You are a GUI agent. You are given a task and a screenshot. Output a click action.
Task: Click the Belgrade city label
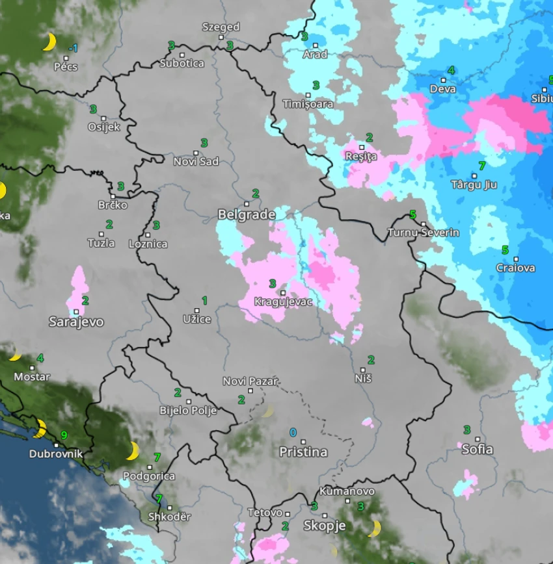click(x=247, y=214)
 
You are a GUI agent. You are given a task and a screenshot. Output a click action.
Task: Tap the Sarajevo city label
click(x=76, y=322)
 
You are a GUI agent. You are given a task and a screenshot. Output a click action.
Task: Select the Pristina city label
click(x=303, y=452)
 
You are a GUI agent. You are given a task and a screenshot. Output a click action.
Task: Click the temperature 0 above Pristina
click(x=293, y=432)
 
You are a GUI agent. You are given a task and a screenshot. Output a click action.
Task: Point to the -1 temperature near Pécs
click(x=74, y=48)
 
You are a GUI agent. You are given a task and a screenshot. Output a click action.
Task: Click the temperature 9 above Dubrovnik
click(x=64, y=435)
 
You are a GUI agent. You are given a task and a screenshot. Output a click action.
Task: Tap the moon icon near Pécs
click(x=49, y=42)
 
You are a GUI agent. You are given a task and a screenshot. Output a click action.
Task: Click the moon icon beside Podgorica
click(x=132, y=451)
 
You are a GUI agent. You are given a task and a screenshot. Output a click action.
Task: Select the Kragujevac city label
click(x=282, y=302)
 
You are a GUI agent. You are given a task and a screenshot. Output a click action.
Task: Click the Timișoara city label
click(x=308, y=104)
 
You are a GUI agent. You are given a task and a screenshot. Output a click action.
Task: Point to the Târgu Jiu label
click(x=474, y=185)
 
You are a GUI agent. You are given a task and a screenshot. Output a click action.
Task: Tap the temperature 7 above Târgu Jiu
click(x=481, y=166)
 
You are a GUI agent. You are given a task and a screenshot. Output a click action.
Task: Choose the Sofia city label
click(x=477, y=449)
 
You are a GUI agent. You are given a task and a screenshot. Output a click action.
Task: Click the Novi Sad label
click(x=196, y=161)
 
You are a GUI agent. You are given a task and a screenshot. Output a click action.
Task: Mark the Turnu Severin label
click(x=423, y=232)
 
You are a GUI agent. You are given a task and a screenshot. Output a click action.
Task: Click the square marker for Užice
click(x=197, y=311)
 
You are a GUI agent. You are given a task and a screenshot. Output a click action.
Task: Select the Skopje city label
click(x=325, y=526)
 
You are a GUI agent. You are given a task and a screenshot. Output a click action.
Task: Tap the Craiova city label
click(x=515, y=268)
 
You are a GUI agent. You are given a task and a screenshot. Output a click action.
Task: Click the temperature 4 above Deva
click(x=451, y=70)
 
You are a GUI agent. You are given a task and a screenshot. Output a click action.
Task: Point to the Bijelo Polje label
click(x=188, y=410)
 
